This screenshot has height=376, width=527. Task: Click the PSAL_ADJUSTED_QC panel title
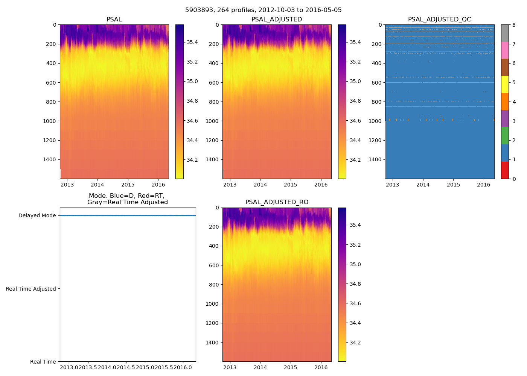439,20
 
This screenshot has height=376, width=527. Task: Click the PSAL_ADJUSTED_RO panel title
277,202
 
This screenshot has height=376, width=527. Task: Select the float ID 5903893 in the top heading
197,10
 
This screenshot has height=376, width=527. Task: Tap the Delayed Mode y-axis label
37,216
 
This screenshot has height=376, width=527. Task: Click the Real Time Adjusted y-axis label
31,289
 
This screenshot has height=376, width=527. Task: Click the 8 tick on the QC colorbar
514,25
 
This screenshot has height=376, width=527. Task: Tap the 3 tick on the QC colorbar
514,121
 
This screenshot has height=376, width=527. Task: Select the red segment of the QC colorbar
505,170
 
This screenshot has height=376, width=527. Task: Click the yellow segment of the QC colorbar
505,85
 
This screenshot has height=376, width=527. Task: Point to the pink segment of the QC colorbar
505,50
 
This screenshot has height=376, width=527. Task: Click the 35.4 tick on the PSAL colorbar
192,42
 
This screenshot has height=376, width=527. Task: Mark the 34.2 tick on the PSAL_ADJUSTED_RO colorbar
355,343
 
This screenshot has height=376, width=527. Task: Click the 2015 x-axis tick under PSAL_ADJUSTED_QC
453,185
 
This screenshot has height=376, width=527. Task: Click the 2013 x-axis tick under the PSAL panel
67,185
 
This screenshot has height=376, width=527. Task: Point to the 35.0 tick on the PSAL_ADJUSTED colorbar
355,81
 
